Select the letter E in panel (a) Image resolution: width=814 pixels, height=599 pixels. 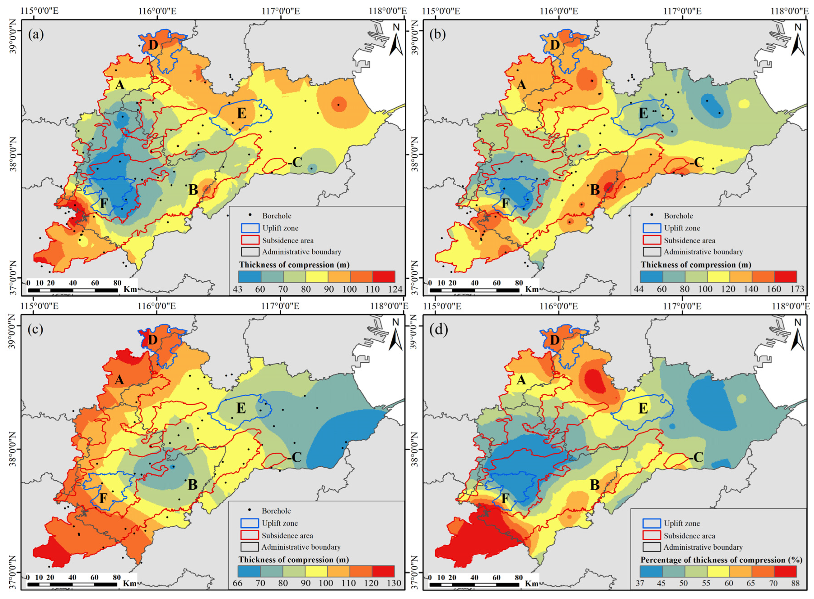(242, 113)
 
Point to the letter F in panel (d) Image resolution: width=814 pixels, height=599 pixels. (505, 498)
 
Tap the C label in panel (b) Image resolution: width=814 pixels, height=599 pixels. (698, 162)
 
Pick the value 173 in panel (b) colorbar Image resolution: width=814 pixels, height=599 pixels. (797, 289)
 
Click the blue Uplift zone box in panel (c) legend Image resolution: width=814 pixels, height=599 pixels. (250, 523)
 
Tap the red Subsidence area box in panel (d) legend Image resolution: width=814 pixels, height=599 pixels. (652, 536)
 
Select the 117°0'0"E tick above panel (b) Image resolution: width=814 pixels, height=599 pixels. (683, 11)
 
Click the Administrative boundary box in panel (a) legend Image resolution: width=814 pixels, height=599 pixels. (250, 252)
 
